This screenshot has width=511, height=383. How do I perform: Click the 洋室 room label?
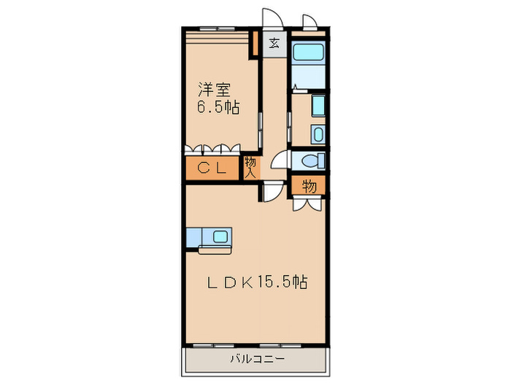coord(215,90)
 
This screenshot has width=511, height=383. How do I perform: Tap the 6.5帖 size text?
coord(218,108)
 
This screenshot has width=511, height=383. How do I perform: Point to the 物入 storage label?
coord(250,168)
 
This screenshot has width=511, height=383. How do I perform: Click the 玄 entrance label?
coord(274,43)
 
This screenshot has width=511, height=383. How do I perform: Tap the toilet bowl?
coord(310,160)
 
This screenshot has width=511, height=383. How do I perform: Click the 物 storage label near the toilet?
coord(310,186)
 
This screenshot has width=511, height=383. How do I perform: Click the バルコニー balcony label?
coord(255,358)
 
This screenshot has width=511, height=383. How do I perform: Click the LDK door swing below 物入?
coord(272,193)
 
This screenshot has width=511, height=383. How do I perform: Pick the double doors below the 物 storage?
coord(307,204)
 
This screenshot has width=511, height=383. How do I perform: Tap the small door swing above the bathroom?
coord(310,21)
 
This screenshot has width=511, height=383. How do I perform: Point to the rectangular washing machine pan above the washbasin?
coord(318,105)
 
